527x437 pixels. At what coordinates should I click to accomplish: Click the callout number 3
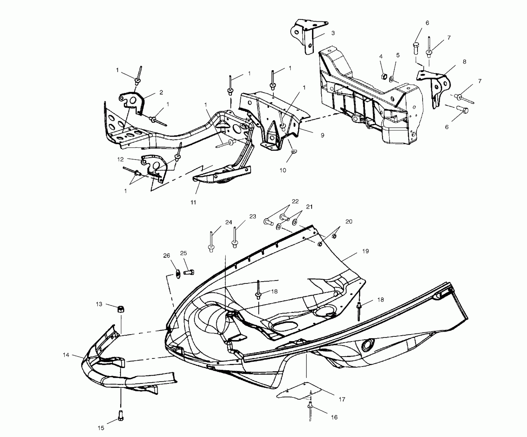[x=333, y=33]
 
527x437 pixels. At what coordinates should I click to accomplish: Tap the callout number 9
[x=322, y=135]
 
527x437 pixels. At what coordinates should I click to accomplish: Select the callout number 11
[x=193, y=202]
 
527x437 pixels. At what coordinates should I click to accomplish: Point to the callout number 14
[x=66, y=355]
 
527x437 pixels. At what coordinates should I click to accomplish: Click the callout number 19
[x=365, y=251]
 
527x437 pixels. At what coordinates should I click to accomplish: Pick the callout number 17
[x=342, y=399]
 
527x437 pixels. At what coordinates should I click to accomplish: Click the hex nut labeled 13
[x=120, y=309]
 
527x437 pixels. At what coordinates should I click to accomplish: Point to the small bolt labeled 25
[x=190, y=272]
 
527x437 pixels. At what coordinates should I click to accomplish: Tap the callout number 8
[x=464, y=62]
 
